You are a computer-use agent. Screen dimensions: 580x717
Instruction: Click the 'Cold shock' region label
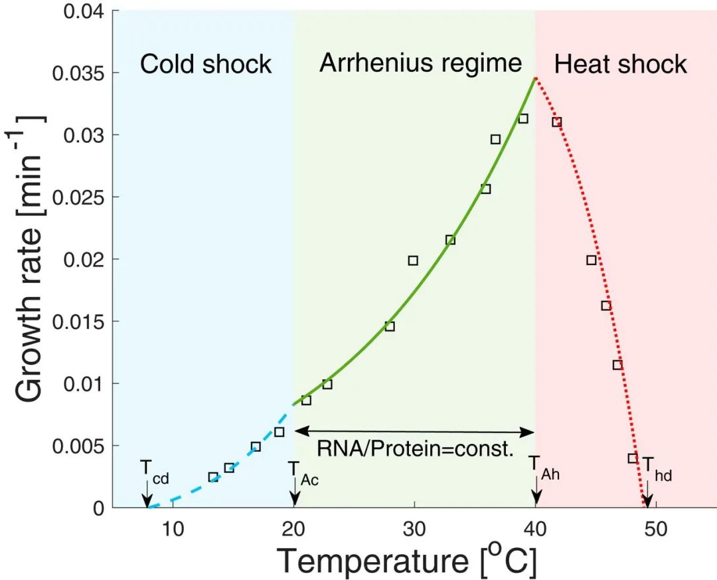pyautogui.click(x=206, y=64)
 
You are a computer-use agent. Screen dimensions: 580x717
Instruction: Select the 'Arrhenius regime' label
pyautogui.click(x=421, y=63)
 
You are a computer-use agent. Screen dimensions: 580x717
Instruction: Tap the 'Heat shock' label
pyautogui.click(x=620, y=64)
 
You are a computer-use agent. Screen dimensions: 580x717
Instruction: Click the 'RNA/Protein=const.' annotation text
pyautogui.click(x=415, y=450)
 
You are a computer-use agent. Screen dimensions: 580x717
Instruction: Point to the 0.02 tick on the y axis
pyautogui.click(x=84, y=259)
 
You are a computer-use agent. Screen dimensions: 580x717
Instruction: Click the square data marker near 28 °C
pyautogui.click(x=390, y=326)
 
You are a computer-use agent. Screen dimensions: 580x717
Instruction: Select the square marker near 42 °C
pyautogui.click(x=557, y=122)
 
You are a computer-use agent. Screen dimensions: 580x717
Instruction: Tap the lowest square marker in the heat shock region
pyautogui.click(x=633, y=458)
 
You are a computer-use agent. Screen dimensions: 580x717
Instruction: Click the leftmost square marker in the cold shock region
pyautogui.click(x=213, y=477)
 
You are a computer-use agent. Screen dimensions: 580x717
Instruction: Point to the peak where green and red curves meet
pyautogui.click(x=535, y=78)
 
